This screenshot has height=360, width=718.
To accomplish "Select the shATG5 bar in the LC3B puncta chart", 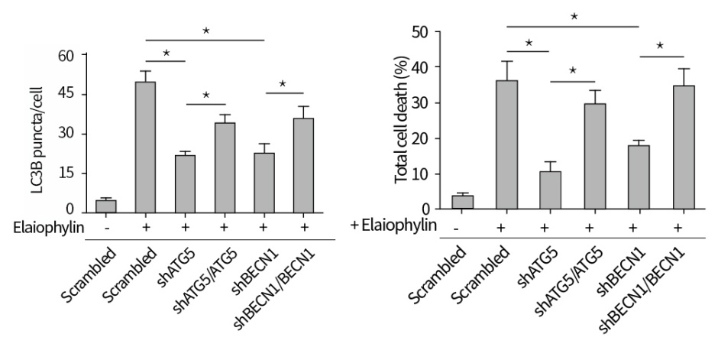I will pos(185,183).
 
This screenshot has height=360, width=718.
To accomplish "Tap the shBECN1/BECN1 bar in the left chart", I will pos(304,165).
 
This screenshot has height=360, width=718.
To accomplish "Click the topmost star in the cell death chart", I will pos(574,15).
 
